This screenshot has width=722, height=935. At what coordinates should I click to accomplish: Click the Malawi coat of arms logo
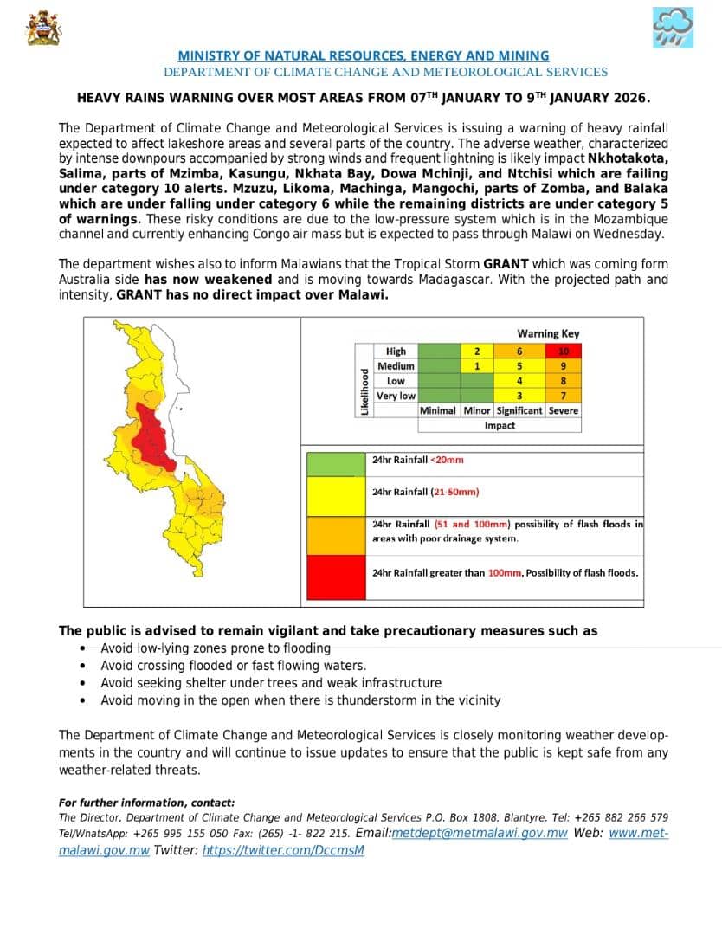[43, 28]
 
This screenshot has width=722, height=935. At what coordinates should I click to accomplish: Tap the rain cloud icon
[672, 28]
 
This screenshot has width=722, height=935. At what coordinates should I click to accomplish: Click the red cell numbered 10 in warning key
[564, 351]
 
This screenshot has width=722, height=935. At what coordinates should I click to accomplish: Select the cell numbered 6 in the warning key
[519, 351]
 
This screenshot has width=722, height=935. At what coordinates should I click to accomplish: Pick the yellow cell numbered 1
[476, 366]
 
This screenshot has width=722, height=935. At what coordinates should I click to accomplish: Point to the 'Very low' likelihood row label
[396, 396]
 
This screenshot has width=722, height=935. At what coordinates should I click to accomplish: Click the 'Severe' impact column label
[564, 410]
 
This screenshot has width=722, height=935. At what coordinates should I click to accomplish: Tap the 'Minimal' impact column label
[438, 410]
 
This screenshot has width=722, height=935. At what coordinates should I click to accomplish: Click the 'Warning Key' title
[548, 333]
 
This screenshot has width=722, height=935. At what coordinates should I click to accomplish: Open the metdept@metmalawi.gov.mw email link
[480, 834]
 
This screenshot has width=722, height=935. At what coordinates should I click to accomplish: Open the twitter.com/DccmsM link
[283, 850]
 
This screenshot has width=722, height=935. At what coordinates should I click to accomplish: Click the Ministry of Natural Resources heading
[364, 55]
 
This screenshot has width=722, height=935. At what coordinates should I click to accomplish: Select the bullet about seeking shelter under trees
[271, 683]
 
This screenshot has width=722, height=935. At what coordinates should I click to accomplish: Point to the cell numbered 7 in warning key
[564, 396]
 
